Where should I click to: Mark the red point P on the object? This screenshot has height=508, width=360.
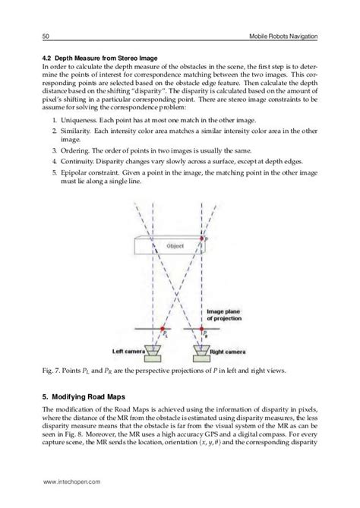click(203, 238)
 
